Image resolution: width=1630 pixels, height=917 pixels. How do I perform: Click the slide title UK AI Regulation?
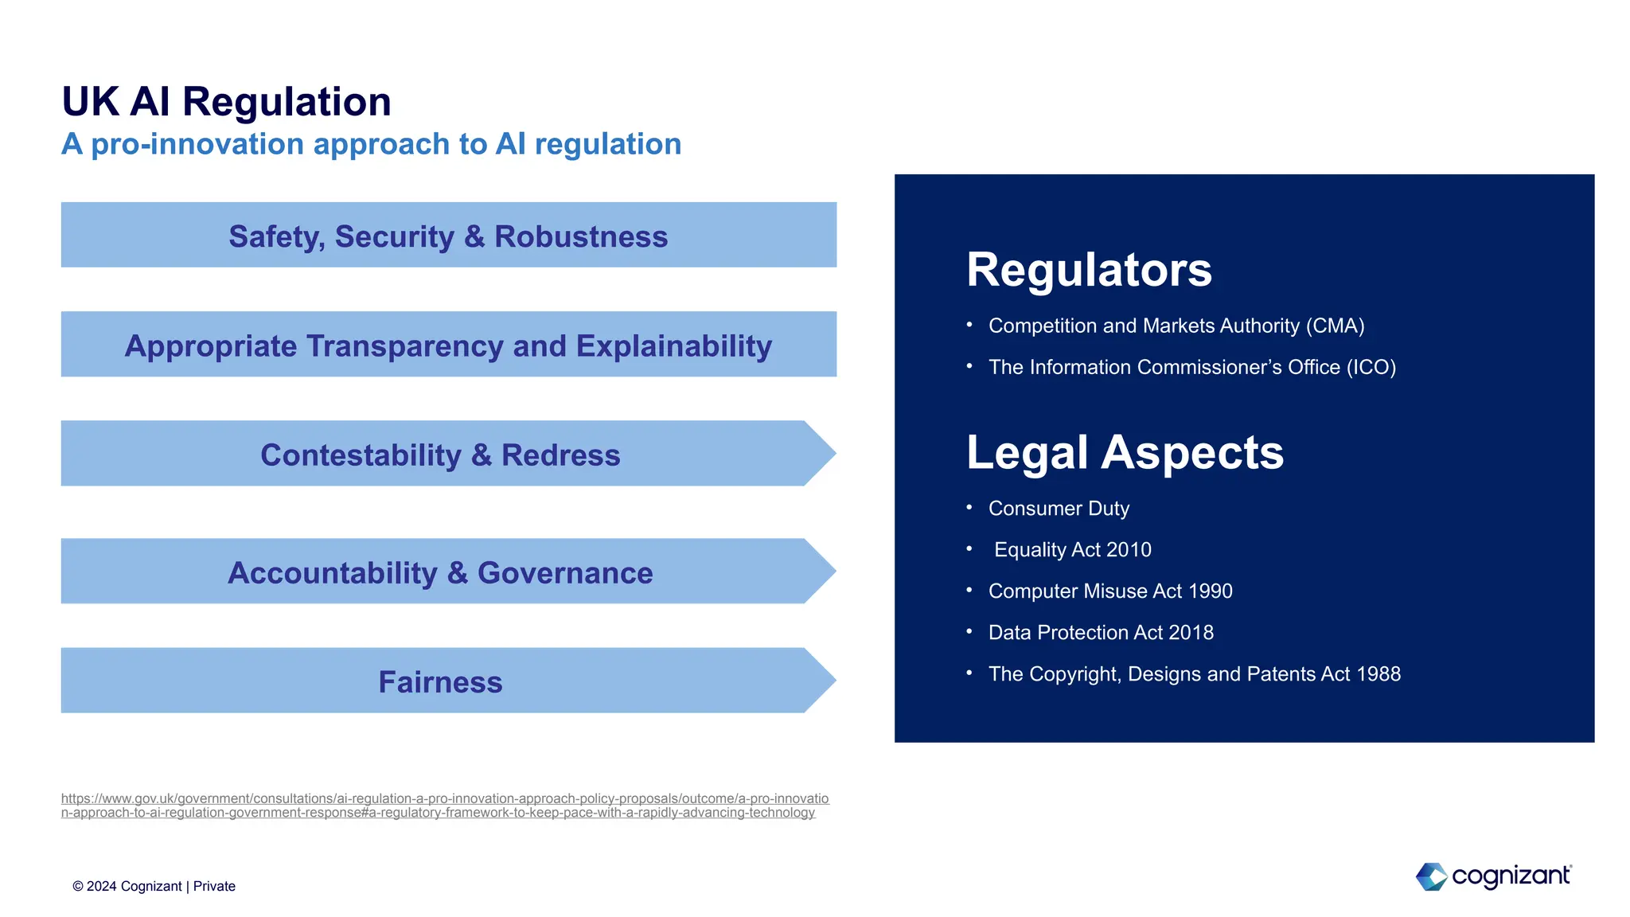pos(226,102)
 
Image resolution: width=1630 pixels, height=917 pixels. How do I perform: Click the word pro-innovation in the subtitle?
pos(197,144)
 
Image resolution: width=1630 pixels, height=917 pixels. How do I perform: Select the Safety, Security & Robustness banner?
pos(448,236)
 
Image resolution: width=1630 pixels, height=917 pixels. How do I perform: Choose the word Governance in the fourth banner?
pos(565,572)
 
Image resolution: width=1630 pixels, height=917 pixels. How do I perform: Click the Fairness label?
pos(440,682)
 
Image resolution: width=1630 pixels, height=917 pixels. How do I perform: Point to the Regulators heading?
pos(1088,269)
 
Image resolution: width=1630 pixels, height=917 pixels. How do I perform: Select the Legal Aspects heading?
pos(1124,452)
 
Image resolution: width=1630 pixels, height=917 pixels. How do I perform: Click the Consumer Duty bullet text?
pos(1059,508)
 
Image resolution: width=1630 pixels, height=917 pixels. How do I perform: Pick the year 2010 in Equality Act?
pos(1129,549)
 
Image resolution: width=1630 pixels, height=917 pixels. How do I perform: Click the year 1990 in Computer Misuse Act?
pos(1210,591)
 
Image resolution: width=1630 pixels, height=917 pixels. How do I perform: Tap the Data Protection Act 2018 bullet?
pos(1101,632)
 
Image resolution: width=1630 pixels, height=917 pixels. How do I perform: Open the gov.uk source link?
pos(444,805)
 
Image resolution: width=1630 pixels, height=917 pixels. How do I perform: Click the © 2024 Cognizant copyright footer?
pos(154,886)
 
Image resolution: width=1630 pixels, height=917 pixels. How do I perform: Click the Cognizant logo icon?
pos(1431,876)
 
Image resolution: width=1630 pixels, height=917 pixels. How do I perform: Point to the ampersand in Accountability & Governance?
pos(457,573)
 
